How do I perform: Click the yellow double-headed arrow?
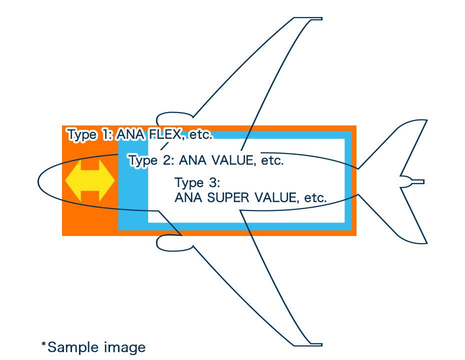click(x=90, y=180)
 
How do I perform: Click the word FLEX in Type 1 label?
click(x=163, y=134)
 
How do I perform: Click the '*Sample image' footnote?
click(x=93, y=346)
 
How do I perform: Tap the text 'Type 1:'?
click(x=89, y=134)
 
